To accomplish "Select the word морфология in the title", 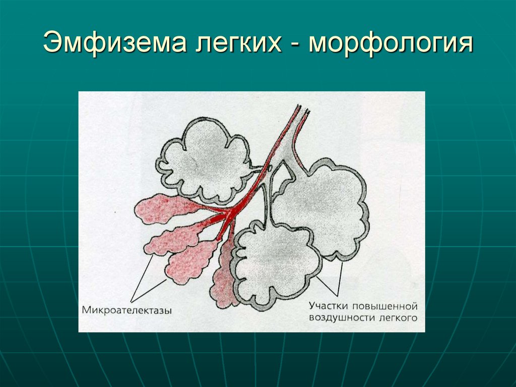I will (x=391, y=43).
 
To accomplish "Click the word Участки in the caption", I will (x=328, y=307).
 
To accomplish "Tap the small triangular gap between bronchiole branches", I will (x=285, y=172).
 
